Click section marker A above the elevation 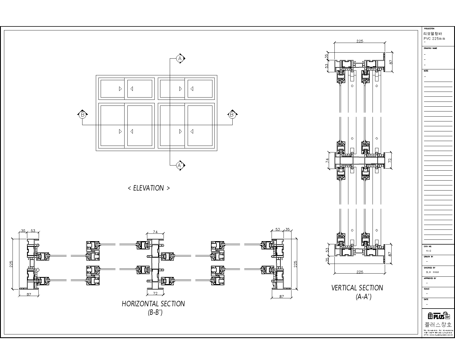point(180,59)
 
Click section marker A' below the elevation point(180,165)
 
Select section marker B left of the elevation point(82,115)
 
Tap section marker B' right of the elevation point(232,115)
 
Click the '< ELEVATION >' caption point(149,188)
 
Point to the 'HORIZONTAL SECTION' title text point(153,304)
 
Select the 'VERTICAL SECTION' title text point(357,288)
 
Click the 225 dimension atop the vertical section point(360,41)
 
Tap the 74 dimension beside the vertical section point(327,160)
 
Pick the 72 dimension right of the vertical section point(390,160)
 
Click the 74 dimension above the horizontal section point(155,232)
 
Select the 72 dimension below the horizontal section point(155,293)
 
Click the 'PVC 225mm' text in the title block point(434,39)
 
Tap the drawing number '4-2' point(429,251)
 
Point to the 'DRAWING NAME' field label point(430,48)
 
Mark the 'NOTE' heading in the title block point(426,71)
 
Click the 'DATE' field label point(426,299)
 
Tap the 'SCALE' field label point(427,289)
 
